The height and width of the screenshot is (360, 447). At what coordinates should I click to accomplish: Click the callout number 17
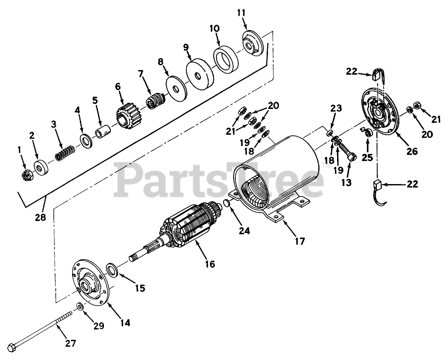tap(299, 241)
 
